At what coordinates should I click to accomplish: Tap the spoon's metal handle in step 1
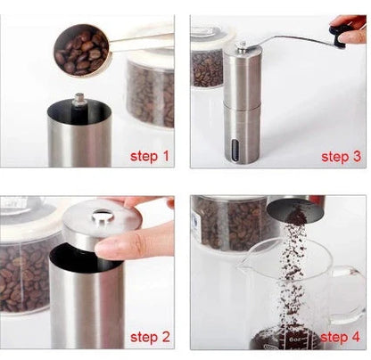click(x=143, y=40)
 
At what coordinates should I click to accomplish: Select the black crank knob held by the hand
click(x=342, y=35)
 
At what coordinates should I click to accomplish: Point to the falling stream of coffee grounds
click(x=290, y=267)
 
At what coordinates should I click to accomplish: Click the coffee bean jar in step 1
click(x=150, y=89)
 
